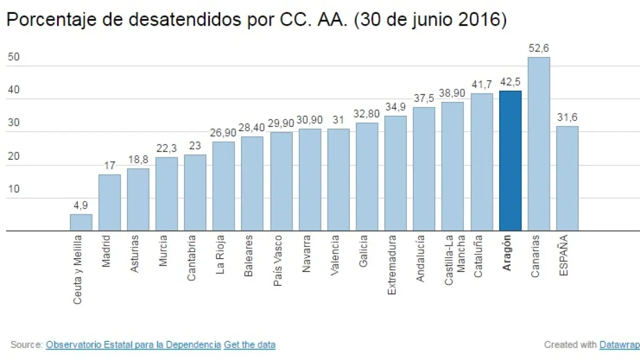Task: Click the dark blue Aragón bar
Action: [510, 161]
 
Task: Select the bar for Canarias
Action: [539, 144]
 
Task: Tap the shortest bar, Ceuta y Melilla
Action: [81, 222]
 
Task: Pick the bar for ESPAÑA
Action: [567, 178]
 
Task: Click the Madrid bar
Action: [109, 203]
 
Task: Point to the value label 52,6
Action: [539, 49]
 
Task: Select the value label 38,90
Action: [452, 93]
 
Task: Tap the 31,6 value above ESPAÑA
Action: [567, 117]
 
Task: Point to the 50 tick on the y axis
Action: [14, 57]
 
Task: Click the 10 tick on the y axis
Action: [14, 189]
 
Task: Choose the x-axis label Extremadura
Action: [393, 257]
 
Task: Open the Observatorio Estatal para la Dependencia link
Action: [133, 345]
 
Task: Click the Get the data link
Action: [250, 345]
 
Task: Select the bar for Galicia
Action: [367, 177]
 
